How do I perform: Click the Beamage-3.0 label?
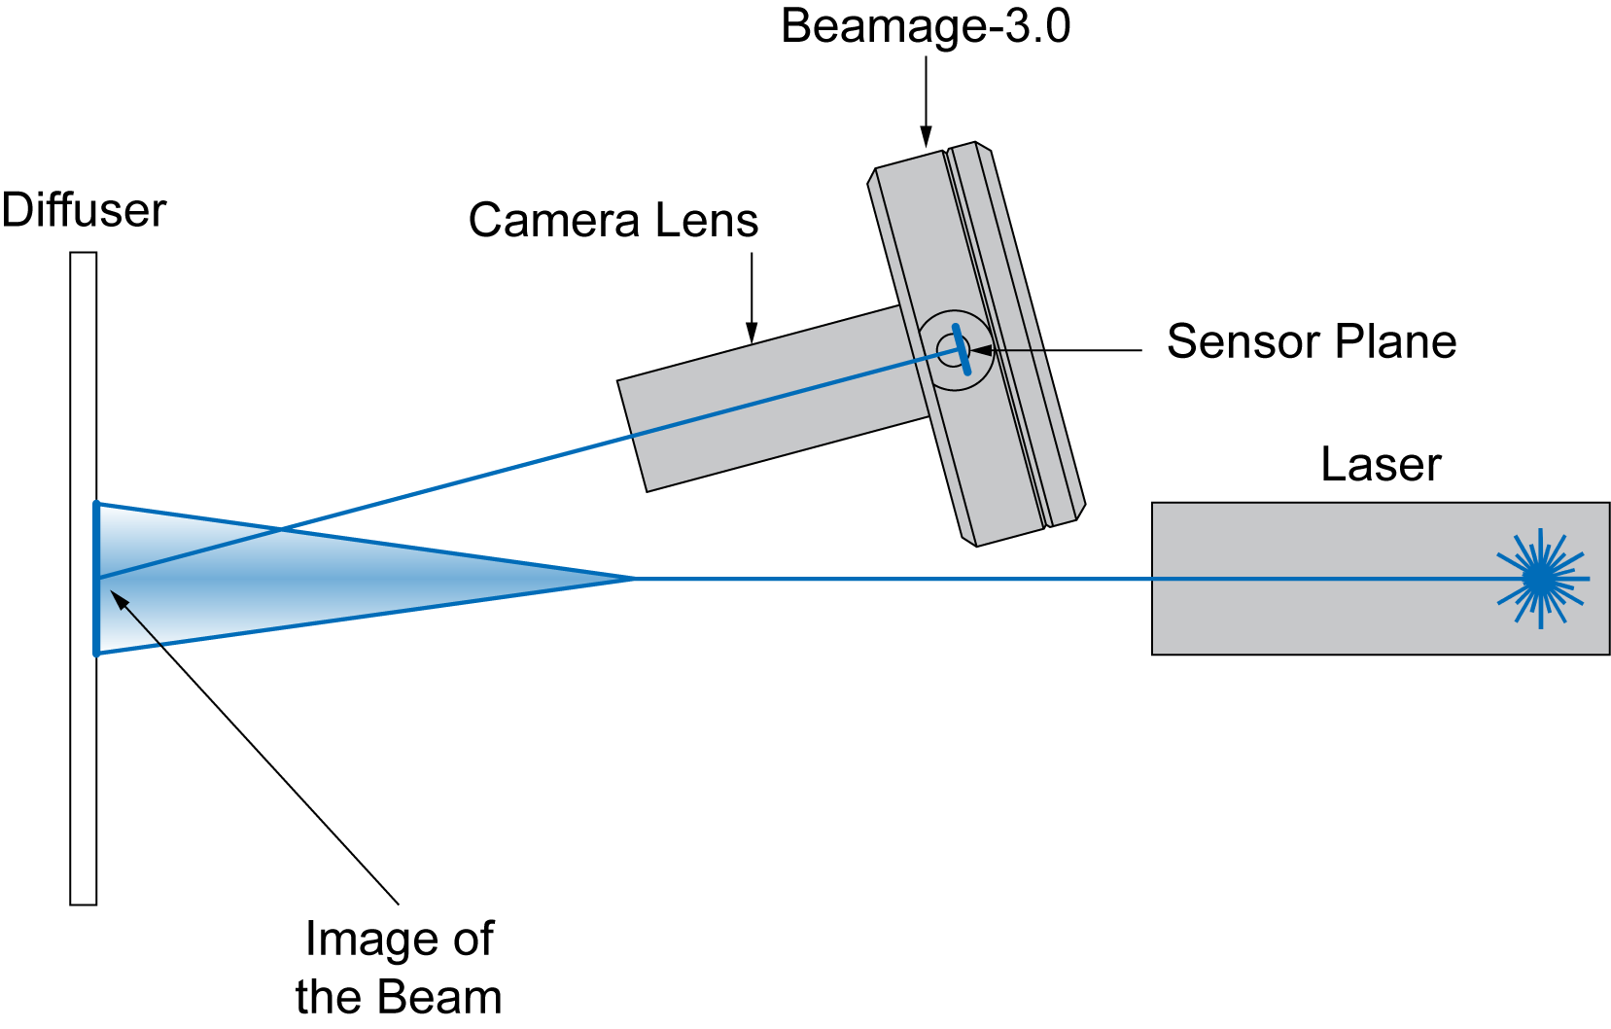(x=925, y=26)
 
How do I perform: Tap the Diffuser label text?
(x=84, y=211)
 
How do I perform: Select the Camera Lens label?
(x=613, y=221)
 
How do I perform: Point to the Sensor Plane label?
(x=1311, y=342)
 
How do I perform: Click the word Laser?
(x=1380, y=465)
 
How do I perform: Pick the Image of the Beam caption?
(x=399, y=968)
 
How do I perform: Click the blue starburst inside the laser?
(x=1540, y=579)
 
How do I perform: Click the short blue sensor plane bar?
(x=962, y=349)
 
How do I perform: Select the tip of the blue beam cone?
(x=632, y=579)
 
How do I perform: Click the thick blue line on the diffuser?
(x=96, y=622)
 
